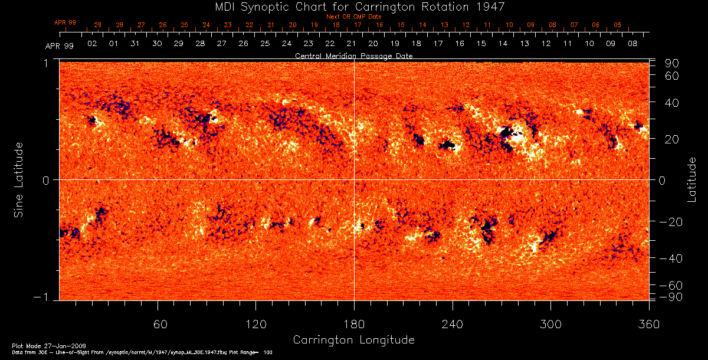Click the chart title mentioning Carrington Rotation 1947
(354, 7)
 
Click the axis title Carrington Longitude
(353, 340)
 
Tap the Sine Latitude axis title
(19, 179)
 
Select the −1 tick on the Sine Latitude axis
(46, 297)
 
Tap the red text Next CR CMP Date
(353, 17)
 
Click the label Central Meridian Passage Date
(353, 56)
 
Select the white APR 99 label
(59, 46)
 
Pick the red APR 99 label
(65, 22)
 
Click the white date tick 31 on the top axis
(135, 44)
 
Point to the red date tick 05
(617, 25)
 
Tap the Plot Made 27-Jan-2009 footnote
(35, 345)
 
